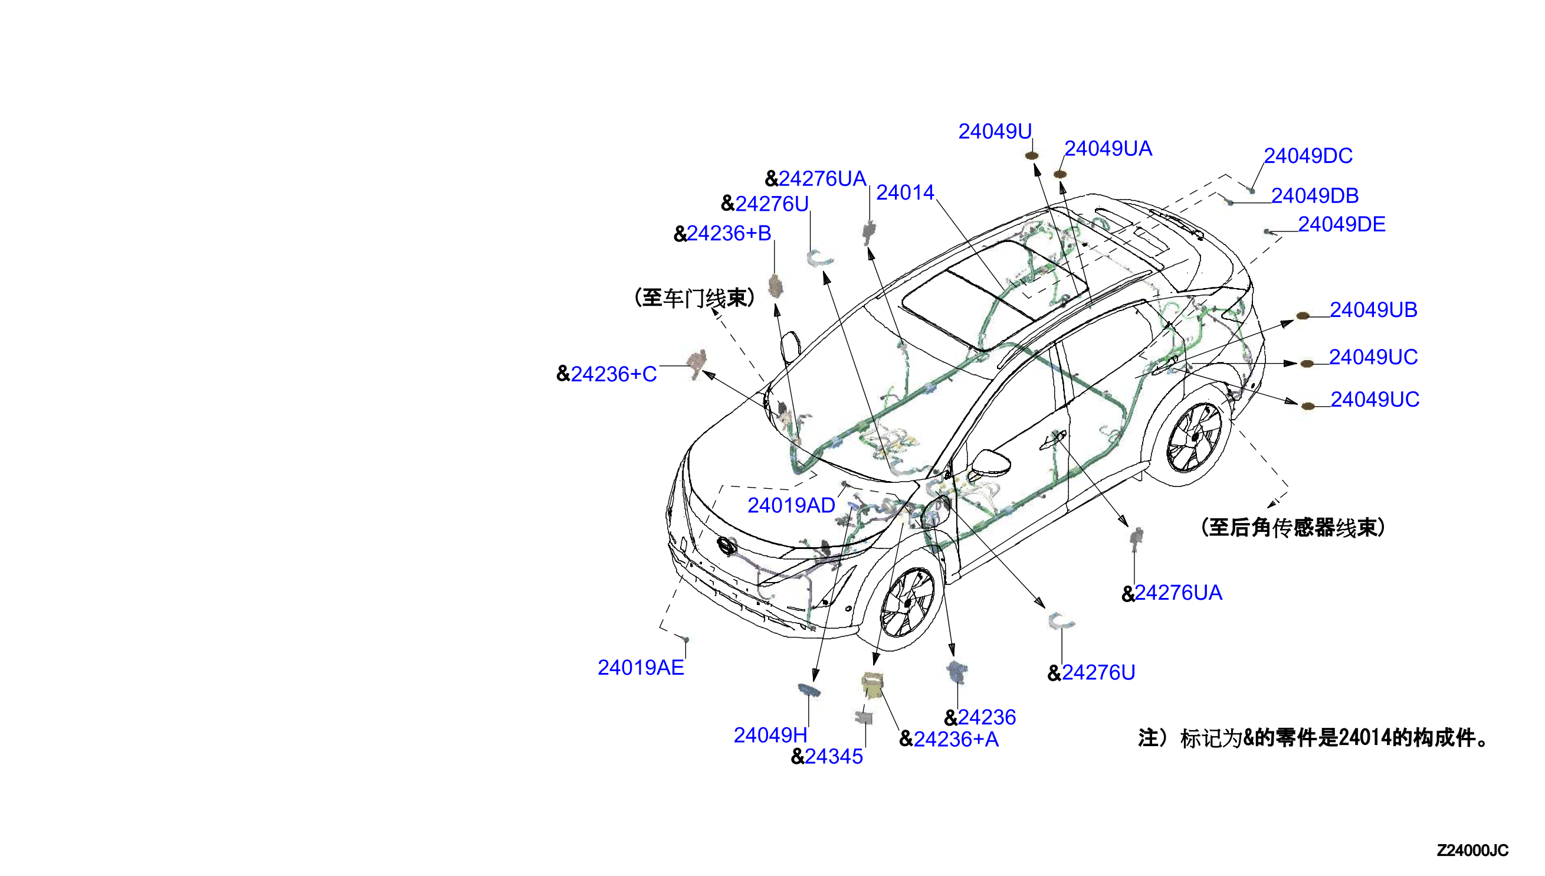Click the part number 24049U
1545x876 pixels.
click(995, 131)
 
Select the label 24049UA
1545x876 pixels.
click(1108, 149)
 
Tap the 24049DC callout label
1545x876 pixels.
click(1307, 156)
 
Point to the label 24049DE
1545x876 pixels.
click(1341, 224)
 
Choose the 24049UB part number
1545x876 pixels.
click(1373, 310)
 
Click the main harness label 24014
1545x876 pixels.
click(905, 192)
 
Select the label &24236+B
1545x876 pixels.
click(722, 233)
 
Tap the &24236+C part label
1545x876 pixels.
click(606, 374)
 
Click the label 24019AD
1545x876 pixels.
click(791, 505)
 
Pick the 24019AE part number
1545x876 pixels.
click(640, 668)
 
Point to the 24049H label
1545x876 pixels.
click(770, 736)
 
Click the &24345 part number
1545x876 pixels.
click(826, 757)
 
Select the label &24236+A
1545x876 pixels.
click(949, 740)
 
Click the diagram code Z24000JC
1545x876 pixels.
click(1472, 851)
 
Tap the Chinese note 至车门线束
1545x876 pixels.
click(694, 298)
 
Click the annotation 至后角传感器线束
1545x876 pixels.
click(1293, 528)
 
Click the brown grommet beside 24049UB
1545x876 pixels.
click(1302, 316)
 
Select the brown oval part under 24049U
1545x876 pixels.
click(1031, 156)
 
